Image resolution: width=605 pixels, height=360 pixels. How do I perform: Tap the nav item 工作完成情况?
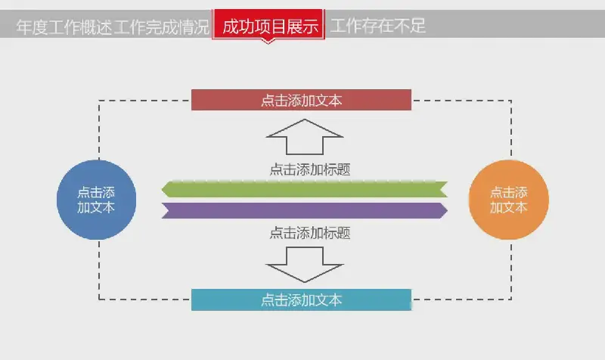161,27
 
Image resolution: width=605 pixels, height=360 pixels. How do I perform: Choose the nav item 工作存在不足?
377,26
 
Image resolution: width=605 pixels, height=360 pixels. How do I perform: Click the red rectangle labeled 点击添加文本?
301,100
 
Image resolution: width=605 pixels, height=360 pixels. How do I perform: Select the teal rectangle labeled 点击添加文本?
301,299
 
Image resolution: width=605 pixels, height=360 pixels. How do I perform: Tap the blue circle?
97,200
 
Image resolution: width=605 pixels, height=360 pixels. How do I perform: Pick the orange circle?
508,200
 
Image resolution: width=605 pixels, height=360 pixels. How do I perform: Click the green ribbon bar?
305,189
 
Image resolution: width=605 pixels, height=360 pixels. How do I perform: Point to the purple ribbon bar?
305,211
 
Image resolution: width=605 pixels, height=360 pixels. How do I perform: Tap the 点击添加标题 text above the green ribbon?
310,169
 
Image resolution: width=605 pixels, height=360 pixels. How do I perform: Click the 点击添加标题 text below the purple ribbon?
310,233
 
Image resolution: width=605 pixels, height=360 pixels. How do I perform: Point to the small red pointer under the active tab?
268,42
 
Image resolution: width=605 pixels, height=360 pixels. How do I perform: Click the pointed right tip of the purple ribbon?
447,211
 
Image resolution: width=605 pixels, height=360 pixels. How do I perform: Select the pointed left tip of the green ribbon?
162,189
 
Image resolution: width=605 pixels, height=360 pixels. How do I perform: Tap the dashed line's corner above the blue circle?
99,101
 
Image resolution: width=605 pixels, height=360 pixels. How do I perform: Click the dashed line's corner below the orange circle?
511,299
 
